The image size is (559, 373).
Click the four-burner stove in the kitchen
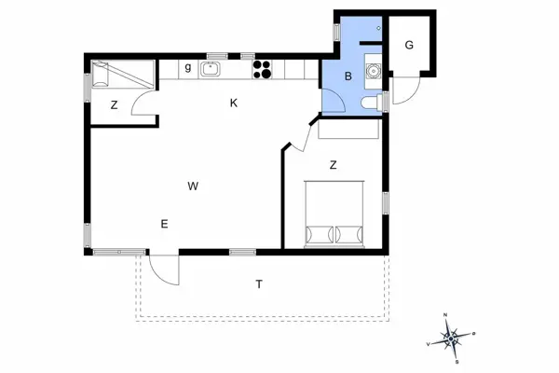(262, 68)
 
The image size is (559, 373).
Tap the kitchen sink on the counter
(211, 68)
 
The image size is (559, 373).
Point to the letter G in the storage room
(408, 45)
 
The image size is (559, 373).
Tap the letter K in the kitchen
(235, 103)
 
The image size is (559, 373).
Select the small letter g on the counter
(187, 67)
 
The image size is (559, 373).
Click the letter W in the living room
(193, 186)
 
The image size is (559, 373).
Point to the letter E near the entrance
(164, 223)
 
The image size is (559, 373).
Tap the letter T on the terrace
(259, 283)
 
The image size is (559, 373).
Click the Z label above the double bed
(333, 165)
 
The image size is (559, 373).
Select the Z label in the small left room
(114, 104)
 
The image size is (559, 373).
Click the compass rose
(451, 337)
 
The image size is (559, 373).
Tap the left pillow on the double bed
(320, 233)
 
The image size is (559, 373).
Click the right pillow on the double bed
(351, 233)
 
